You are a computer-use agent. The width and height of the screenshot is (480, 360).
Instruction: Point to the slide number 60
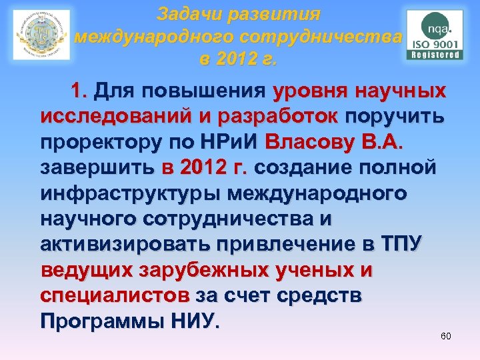(446, 336)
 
